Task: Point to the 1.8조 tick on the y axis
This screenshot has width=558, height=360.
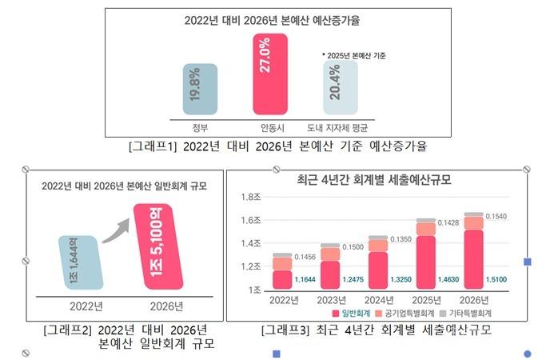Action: coord(252,197)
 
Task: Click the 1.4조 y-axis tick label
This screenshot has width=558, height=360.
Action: coord(252,243)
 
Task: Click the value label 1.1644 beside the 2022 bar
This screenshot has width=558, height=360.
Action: coord(306,280)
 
